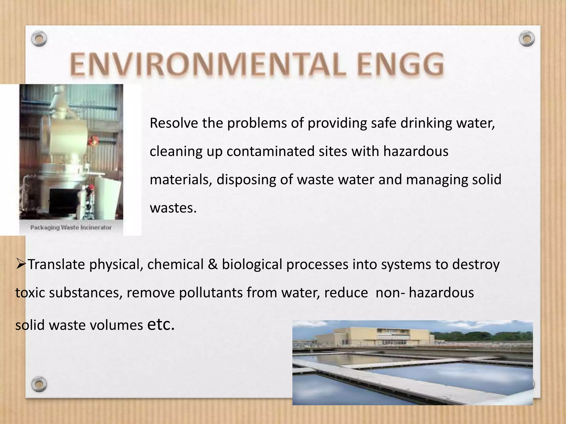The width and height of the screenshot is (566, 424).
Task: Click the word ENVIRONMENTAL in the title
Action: click(x=207, y=65)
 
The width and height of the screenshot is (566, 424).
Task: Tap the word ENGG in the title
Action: click(x=400, y=65)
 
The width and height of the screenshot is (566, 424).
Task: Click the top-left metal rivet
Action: click(x=39, y=39)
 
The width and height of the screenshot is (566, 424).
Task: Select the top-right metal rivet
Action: click(x=527, y=39)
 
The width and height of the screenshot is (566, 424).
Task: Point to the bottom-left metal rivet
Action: click(x=39, y=384)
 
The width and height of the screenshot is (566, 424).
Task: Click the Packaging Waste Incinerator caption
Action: click(x=71, y=227)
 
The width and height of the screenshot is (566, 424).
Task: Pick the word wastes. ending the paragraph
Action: click(x=173, y=208)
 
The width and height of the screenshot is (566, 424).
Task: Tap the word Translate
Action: click(x=57, y=264)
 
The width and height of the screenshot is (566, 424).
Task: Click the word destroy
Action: click(x=476, y=264)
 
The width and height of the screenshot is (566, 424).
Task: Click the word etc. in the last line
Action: click(x=161, y=325)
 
